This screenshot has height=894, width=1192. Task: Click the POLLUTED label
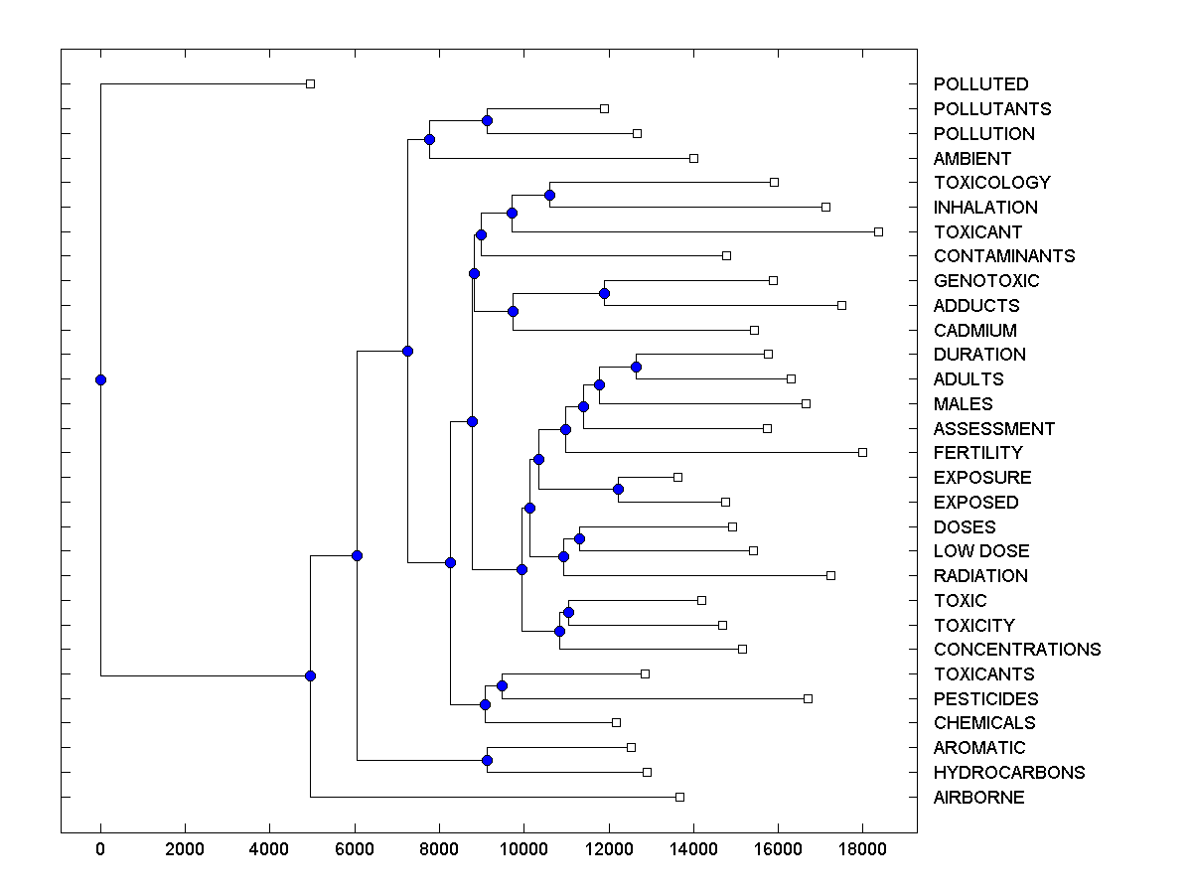pos(980,84)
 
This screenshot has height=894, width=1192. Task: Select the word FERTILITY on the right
pos(977,453)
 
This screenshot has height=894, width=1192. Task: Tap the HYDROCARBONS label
pos(1009,773)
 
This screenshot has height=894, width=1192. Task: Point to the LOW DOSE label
pos(981,551)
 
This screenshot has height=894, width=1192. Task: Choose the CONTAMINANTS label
pos(1004,256)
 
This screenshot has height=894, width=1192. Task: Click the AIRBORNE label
pos(978,798)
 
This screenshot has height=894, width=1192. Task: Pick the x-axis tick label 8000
pos(439,848)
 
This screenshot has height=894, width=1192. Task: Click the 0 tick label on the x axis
pos(100,848)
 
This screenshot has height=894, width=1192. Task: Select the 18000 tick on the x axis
pos(861,848)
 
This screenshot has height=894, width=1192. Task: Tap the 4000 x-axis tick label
pos(269,848)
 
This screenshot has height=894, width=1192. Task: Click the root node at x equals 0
pos(100,379)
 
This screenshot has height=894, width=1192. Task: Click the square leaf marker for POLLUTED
pos(310,84)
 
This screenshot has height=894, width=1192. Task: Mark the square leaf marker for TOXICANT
pos(878,231)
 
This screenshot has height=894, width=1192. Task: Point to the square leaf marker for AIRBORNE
pos(679,797)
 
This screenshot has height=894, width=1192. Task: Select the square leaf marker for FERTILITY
pos(862,453)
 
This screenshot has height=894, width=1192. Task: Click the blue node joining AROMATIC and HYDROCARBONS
pos(487,760)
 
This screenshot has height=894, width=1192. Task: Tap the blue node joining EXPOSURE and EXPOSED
pos(618,490)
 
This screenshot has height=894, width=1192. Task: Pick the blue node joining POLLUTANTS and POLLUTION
pos(487,121)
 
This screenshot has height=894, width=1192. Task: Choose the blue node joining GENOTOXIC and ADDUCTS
pos(604,293)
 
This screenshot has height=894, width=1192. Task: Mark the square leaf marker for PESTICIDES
pos(808,699)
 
